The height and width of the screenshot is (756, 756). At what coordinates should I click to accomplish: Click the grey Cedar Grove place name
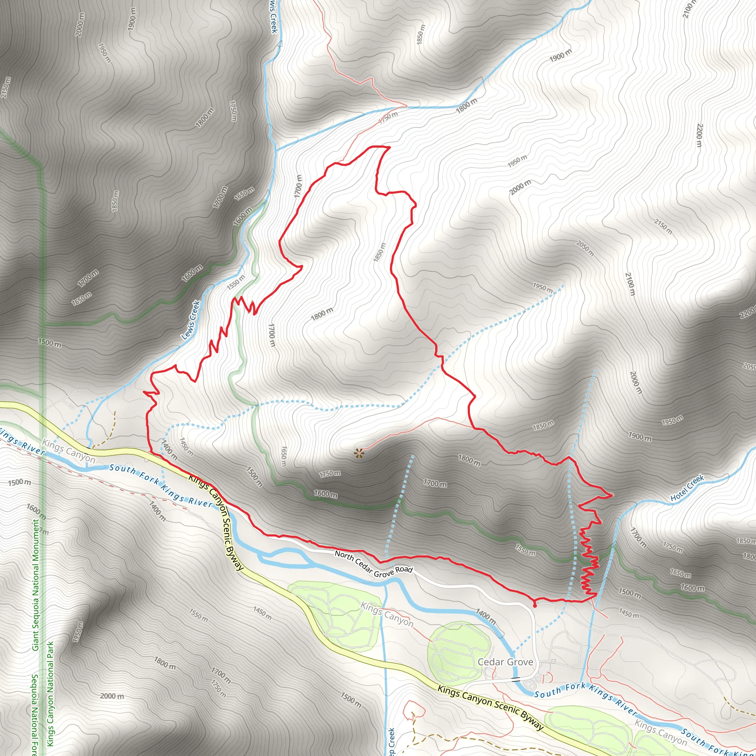pos(505,662)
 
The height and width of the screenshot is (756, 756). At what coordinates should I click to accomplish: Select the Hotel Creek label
pos(687,488)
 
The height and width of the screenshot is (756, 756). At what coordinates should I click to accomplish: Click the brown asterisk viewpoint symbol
pos(358,454)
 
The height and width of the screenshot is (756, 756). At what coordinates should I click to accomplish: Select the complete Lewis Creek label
pos(191,320)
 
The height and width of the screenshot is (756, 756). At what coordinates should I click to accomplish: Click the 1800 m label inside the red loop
pos(322,314)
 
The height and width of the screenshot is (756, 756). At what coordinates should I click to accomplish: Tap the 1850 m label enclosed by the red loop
pos(379,252)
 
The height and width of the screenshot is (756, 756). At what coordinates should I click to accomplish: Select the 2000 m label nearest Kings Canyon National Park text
pos(112,696)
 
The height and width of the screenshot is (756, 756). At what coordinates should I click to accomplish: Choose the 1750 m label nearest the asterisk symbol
pos(330,474)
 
